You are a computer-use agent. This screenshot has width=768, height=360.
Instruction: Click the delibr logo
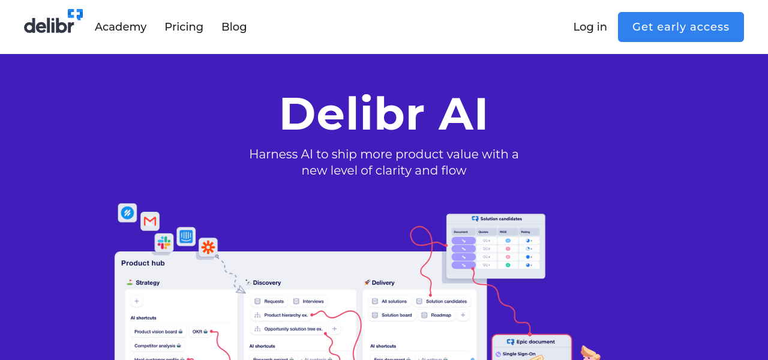coord(53,22)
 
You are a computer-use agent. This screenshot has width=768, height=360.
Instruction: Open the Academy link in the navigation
coord(121,27)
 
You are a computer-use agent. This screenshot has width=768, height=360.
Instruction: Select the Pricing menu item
coord(184,27)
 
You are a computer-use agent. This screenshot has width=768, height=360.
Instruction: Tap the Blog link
coord(234,27)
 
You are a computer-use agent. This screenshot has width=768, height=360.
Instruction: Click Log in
coord(590,27)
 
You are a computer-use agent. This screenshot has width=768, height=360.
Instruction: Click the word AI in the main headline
coord(463,114)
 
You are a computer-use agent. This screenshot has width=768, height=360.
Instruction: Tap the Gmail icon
coord(150,221)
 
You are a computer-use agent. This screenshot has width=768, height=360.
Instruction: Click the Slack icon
coord(164,242)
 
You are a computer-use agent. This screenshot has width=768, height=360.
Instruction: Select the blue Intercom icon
coord(186,236)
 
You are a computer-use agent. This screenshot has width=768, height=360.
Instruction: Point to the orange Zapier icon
coord(208,247)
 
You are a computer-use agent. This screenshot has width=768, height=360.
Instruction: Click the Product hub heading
coord(143,263)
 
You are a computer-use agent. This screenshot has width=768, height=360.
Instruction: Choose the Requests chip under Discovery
coord(269,301)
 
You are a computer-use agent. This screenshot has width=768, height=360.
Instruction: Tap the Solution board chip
coord(392,315)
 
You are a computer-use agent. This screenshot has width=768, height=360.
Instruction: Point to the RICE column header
coord(503,232)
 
